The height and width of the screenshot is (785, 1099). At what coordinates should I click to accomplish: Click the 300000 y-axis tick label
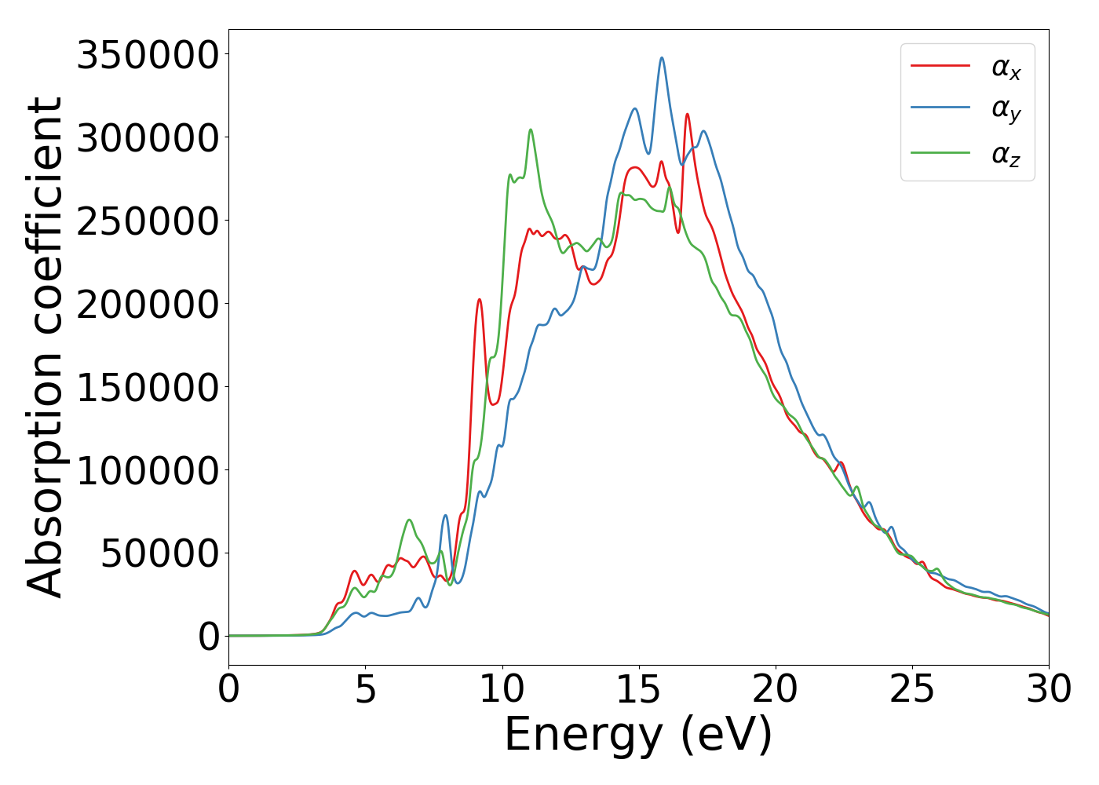[147, 138]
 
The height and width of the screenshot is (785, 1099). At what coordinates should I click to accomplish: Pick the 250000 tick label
[147, 221]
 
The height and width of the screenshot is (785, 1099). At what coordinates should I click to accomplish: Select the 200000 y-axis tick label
[147, 305]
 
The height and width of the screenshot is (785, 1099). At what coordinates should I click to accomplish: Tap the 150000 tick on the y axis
[147, 388]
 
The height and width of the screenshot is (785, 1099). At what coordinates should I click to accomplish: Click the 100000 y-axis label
[147, 471]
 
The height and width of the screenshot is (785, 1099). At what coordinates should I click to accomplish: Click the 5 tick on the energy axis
[366, 689]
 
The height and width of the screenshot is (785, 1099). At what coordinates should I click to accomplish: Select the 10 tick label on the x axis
[502, 689]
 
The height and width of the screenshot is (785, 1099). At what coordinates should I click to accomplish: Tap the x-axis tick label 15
[639, 689]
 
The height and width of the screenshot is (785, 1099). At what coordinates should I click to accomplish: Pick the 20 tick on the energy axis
[776, 689]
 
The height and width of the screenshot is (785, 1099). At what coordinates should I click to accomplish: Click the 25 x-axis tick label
[912, 689]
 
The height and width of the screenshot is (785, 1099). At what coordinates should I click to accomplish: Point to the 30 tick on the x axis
[1048, 689]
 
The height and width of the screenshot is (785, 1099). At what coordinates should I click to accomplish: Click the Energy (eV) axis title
[638, 736]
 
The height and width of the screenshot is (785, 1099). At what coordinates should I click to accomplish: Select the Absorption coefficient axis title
[45, 347]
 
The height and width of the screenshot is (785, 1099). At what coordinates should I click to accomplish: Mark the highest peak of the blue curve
[662, 58]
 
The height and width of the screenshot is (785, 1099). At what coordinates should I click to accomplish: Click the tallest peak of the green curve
[531, 130]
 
